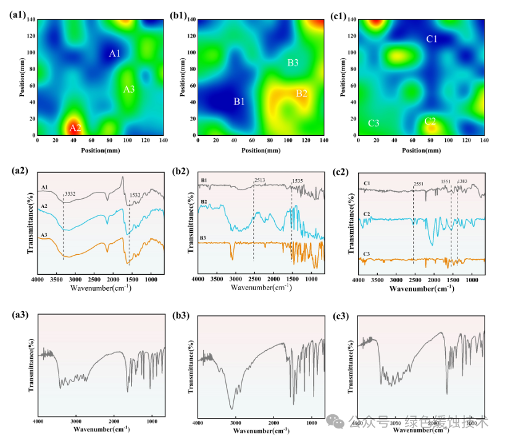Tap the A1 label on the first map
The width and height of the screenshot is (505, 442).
(115, 54)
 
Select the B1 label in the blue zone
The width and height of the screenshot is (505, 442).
(239, 101)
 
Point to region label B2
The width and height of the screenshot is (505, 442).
(301, 94)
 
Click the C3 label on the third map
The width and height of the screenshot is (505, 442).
(374, 123)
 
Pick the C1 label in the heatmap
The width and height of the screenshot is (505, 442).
(432, 40)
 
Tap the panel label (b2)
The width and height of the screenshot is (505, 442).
(180, 172)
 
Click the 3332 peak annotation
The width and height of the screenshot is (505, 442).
(71, 194)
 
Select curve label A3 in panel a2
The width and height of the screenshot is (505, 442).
(44, 235)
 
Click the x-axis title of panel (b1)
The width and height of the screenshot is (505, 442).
(260, 150)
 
